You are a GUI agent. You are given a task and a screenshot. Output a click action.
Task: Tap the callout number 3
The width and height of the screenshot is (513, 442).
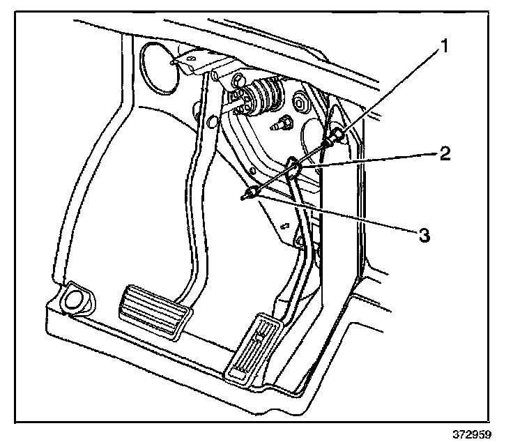click(x=422, y=235)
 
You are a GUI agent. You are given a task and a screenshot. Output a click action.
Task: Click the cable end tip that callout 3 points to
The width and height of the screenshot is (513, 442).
click(x=245, y=198)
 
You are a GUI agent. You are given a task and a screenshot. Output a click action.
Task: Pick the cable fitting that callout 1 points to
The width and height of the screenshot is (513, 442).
click(x=336, y=137)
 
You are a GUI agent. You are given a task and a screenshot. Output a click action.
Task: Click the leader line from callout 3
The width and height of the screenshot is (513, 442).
click(x=335, y=215)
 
